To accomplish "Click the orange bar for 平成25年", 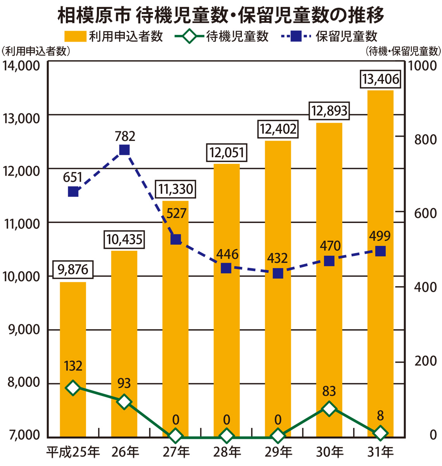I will coord(73,359).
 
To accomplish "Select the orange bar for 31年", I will coord(380,264).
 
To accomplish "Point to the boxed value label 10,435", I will coord(124,240).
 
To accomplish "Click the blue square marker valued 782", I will coord(124,150).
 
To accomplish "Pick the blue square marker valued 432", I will coord(278,273).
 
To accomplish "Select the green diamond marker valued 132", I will coord(73,388).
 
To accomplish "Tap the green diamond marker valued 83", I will coord(329,409).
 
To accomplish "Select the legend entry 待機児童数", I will coord(237,37).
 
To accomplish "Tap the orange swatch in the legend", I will coord(75,37).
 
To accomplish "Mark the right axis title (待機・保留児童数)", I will coord(403,51).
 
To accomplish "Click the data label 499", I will coord(380,236).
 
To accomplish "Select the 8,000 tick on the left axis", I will coord(24,383).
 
